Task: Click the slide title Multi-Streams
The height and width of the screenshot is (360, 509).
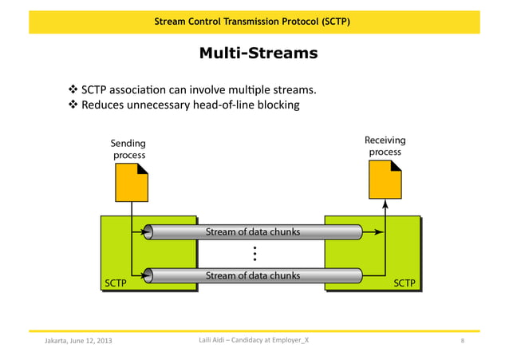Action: (x=258, y=53)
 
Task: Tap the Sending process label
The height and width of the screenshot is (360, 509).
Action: (x=128, y=149)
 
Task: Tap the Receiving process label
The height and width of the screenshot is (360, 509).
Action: (x=385, y=145)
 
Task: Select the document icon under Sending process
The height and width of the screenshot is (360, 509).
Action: (x=132, y=183)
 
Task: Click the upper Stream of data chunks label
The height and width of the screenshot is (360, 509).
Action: (x=253, y=232)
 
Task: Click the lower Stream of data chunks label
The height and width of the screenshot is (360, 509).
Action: (x=253, y=275)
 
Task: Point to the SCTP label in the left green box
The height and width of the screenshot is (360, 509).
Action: (x=116, y=282)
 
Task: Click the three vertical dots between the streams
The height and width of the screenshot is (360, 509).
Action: (x=254, y=254)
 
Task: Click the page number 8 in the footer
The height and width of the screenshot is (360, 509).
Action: (x=463, y=342)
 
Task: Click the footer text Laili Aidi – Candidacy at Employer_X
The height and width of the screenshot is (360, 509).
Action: (x=254, y=341)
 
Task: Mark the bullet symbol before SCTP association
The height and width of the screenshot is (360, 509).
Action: (x=74, y=89)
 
